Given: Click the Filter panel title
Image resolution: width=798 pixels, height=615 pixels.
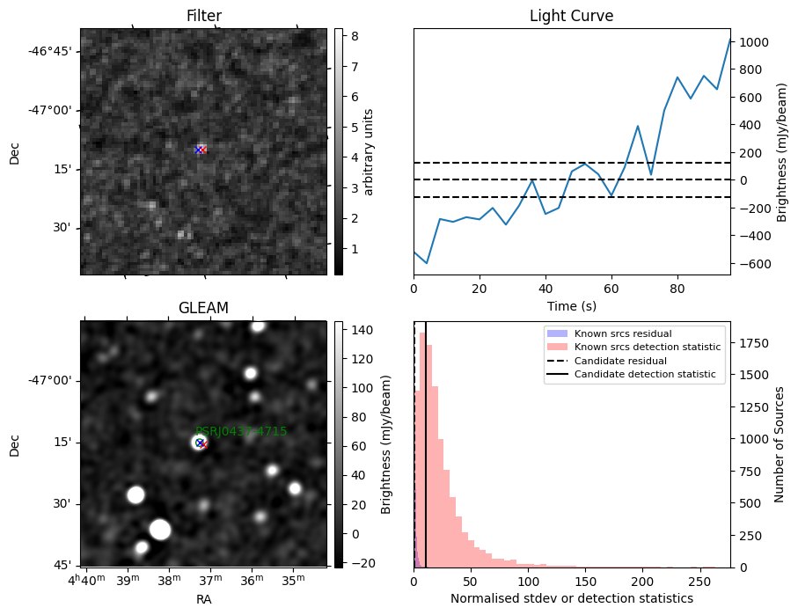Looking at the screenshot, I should [203, 16].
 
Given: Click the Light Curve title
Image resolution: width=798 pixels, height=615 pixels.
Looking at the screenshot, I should [571, 16].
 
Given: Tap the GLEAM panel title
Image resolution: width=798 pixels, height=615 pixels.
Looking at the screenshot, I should [203, 308].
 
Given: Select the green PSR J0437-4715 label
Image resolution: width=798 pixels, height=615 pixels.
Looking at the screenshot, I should [241, 431].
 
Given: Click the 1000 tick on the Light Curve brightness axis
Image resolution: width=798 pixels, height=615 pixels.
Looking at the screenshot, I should [756, 42].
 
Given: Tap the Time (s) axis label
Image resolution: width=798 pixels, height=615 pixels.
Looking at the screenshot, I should [571, 304].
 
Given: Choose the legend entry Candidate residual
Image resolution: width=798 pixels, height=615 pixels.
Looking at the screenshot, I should [620, 361].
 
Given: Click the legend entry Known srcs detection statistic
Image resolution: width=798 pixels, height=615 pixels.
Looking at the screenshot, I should [647, 347].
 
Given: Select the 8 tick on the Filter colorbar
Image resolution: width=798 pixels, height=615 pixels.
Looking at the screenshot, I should [350, 37].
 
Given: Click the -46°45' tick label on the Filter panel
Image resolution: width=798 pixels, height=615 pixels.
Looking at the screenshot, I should [50, 51].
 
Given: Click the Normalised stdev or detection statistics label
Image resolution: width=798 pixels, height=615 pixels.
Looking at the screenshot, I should [571, 598].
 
